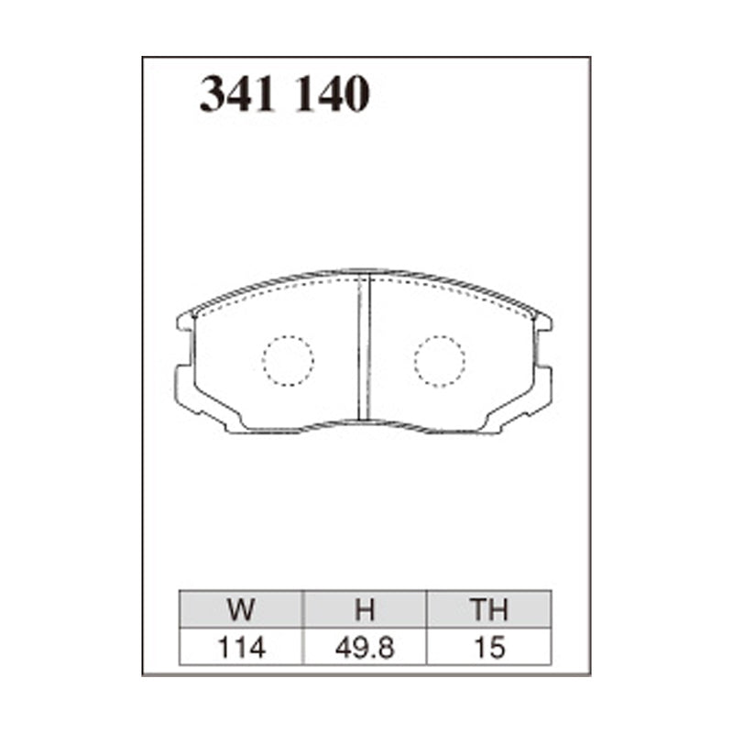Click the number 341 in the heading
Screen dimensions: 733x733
pos(241,94)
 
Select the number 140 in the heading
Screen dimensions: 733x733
pos(331,94)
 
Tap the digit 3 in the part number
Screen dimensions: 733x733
pos(214,94)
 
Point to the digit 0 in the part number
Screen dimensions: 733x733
pos(356,94)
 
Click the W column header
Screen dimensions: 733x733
pos(241,610)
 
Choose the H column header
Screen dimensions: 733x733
pos(365,610)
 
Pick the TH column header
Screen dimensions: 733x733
pos(488,610)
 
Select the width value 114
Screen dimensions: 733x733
pos(241,648)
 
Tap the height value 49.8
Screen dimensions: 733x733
pos(365,648)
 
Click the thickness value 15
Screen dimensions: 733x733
pos(489,648)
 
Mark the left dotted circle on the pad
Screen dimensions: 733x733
pos(288,360)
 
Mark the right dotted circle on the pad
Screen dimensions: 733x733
pos(439,360)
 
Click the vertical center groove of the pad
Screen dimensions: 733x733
pos(364,348)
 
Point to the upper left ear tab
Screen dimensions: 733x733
pos(186,323)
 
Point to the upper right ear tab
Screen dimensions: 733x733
pos(542,323)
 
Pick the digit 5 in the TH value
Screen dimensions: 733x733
pos(497,648)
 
